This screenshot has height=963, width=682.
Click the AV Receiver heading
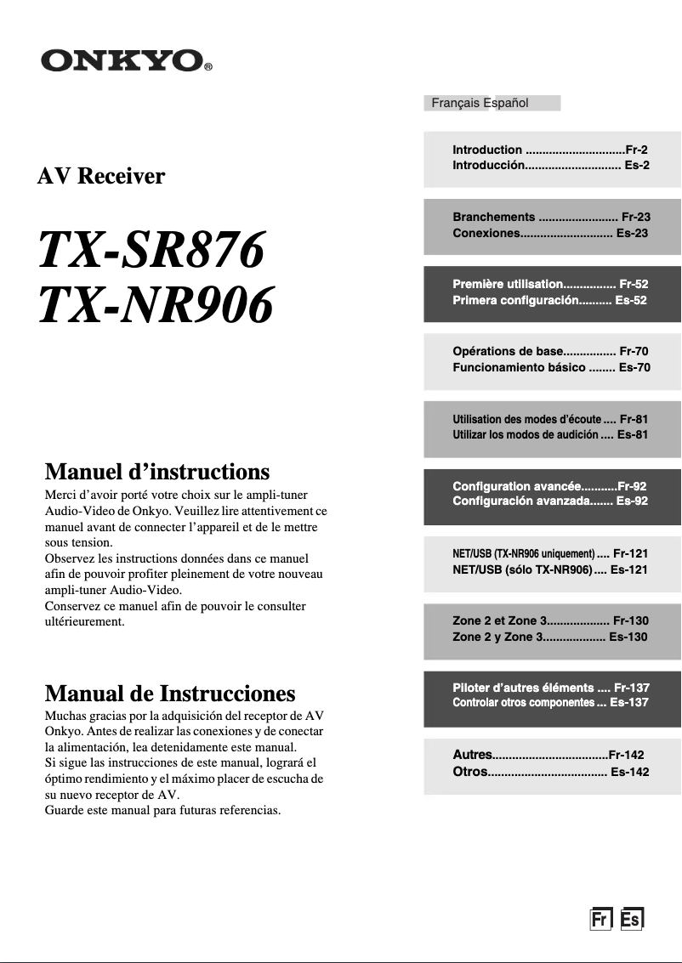click(x=101, y=177)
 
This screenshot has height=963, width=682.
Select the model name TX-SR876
click(x=151, y=251)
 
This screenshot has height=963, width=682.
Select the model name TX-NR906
click(x=156, y=304)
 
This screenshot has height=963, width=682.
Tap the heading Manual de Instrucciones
click(x=169, y=693)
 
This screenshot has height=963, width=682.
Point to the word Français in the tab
click(x=456, y=103)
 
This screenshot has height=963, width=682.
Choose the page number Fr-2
click(x=636, y=150)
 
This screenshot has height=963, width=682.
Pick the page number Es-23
click(x=632, y=232)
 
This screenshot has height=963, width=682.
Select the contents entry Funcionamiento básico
click(x=519, y=367)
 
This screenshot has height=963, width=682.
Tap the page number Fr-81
click(x=634, y=419)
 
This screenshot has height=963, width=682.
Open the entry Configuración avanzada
click(x=520, y=501)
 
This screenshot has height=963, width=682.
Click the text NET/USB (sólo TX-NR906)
click(x=522, y=569)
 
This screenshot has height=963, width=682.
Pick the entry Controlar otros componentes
click(x=523, y=703)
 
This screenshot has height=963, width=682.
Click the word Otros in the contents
click(x=470, y=771)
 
